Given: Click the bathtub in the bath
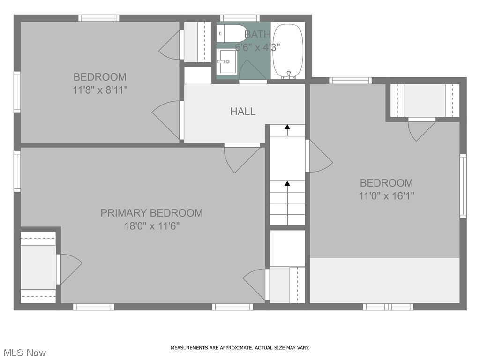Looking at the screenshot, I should click(x=288, y=51).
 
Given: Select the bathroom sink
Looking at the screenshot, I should click(x=227, y=62).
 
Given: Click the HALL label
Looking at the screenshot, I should click(x=243, y=111).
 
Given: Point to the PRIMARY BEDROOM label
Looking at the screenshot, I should click(x=151, y=213).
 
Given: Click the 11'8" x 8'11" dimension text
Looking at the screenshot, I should click(x=100, y=90).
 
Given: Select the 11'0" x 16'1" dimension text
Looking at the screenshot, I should click(x=386, y=196).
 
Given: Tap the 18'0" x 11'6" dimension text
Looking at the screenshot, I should click(x=151, y=226).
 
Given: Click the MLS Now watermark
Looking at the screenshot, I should click(x=23, y=352).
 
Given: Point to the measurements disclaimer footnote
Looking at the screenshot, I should click(x=240, y=348).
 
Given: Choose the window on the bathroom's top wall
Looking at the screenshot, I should click(x=240, y=18).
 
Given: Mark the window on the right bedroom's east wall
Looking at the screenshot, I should click(x=463, y=186).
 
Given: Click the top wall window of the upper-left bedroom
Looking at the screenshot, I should click(x=98, y=18).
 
